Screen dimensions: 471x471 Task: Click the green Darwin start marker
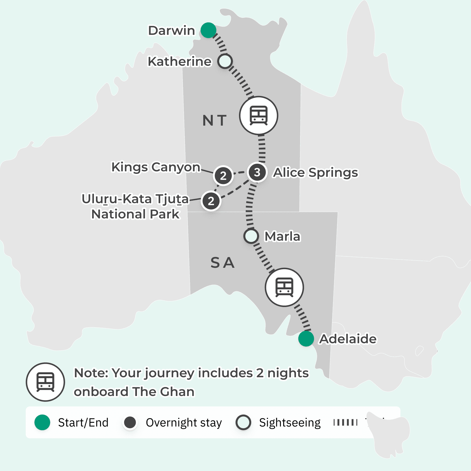(x=208, y=30)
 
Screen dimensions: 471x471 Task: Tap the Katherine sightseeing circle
(x=225, y=61)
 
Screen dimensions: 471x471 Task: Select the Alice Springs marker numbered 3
(x=257, y=172)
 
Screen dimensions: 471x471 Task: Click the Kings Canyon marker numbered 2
(x=223, y=176)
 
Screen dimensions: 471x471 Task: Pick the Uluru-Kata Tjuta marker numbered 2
(x=211, y=201)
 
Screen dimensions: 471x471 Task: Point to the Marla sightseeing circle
(x=251, y=236)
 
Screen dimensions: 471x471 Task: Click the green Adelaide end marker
(x=306, y=339)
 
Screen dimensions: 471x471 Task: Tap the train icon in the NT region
(x=258, y=115)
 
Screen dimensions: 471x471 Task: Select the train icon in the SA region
(x=284, y=287)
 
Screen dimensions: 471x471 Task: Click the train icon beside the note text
(x=45, y=382)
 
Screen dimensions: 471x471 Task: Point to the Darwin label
(x=172, y=31)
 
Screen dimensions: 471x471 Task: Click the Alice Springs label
(x=315, y=172)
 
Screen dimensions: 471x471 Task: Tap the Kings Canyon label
(x=156, y=167)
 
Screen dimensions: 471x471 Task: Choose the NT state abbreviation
(x=214, y=120)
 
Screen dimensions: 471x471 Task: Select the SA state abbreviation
(x=222, y=263)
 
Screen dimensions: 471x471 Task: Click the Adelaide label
(x=348, y=339)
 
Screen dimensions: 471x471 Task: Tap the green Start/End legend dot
(x=42, y=422)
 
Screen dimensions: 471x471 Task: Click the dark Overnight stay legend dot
(x=130, y=422)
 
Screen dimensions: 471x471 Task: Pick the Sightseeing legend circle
(x=243, y=422)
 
